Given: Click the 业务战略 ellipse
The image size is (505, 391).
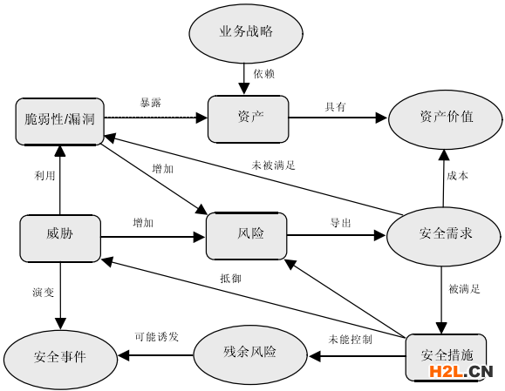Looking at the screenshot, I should (245, 31).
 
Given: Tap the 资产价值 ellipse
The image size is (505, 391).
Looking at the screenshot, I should (446, 117).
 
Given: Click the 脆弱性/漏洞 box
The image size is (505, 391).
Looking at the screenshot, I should (60, 121).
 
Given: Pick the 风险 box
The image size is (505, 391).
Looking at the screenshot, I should (246, 234).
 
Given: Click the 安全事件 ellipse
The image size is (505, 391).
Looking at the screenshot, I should (59, 356).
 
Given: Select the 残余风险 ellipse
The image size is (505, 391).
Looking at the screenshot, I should (249, 352).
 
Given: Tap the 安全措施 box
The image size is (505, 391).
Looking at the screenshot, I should (446, 355).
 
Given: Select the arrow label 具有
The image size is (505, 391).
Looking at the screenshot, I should (335, 106).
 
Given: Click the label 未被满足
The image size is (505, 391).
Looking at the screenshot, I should (273, 163).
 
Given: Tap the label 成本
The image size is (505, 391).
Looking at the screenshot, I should (457, 175).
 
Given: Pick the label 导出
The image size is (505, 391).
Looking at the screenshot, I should (340, 223).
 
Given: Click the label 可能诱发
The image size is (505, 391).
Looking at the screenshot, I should (157, 336).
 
